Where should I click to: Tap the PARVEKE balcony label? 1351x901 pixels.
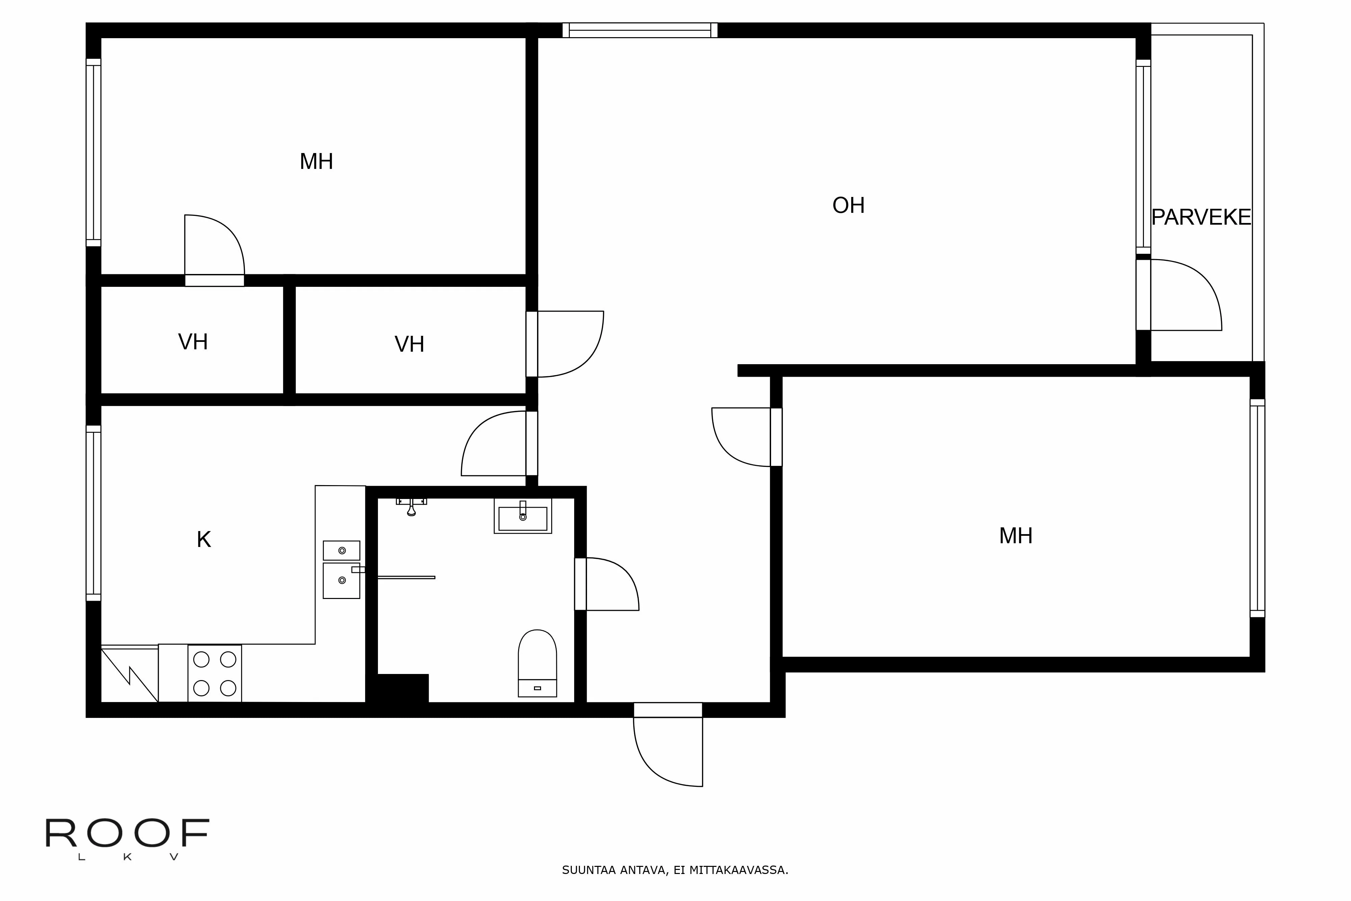click(1200, 217)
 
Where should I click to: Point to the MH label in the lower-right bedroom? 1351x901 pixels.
click(1016, 536)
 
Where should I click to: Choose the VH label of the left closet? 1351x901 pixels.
click(193, 342)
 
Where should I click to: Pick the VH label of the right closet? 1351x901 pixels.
click(409, 344)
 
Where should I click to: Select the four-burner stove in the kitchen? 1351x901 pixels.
click(214, 673)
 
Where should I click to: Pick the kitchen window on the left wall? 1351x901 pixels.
click(93, 512)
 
